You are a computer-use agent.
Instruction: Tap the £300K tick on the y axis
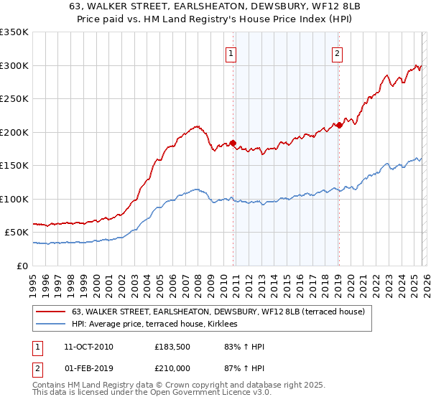click(14, 65)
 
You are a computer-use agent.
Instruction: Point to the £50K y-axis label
click(17, 233)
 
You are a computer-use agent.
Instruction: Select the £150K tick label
click(14, 166)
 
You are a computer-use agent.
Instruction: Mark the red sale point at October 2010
click(233, 143)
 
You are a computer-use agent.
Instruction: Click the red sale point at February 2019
click(338, 125)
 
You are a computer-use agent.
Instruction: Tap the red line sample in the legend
click(51, 312)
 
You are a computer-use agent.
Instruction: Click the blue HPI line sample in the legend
click(51, 324)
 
